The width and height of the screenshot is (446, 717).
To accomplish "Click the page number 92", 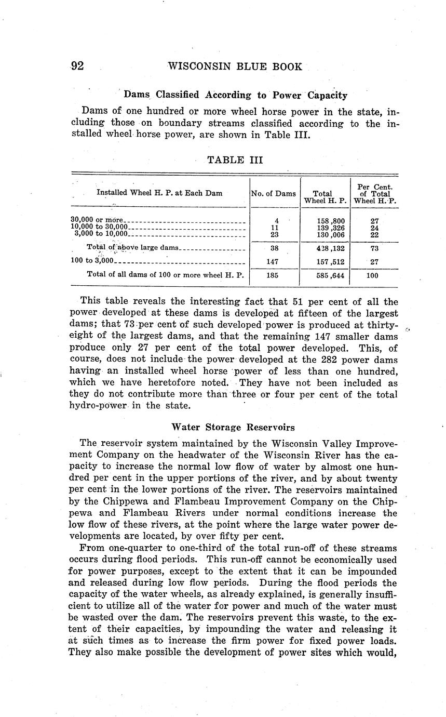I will (x=77, y=67).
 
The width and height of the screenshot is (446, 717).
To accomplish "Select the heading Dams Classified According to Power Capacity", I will (x=236, y=95).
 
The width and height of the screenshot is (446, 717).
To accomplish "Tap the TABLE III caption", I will (x=235, y=160).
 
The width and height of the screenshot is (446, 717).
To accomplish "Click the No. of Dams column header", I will (x=273, y=193).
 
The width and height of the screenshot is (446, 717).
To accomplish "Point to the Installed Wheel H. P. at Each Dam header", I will (x=159, y=193).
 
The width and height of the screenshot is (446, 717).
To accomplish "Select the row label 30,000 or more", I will (x=96, y=220).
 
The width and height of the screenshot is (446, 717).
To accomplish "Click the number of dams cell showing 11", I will (x=275, y=228).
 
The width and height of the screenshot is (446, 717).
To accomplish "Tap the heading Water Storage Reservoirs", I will (x=233, y=428).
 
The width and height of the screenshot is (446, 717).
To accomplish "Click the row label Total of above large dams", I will (x=132, y=248).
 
